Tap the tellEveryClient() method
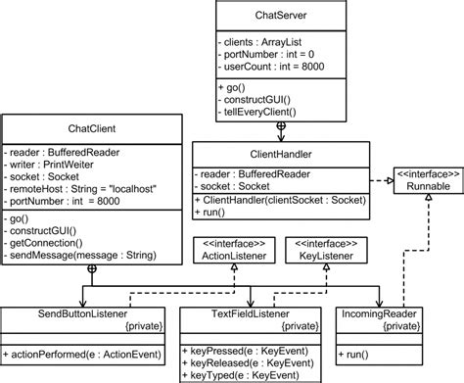(x=261, y=113)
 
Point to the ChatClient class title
(x=93, y=127)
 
